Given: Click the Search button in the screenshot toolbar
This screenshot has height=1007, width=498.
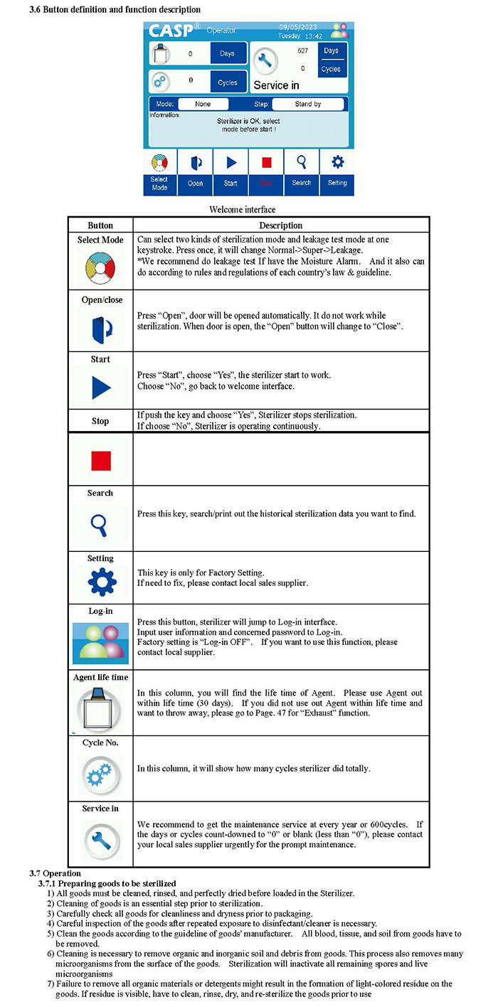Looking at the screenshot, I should pyautogui.click(x=302, y=171).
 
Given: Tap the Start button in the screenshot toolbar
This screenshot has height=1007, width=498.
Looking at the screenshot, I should pyautogui.click(x=231, y=171).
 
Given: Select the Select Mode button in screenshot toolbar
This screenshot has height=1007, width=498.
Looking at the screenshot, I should pyautogui.click(x=160, y=171).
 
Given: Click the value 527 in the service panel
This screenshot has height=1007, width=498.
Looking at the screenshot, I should pyautogui.click(x=302, y=51).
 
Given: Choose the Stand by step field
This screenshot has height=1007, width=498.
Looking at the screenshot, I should pyautogui.click(x=307, y=105).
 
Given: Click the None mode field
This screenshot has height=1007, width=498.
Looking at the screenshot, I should pyautogui.click(x=203, y=105).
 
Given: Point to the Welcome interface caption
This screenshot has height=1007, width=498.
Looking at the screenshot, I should pyautogui.click(x=243, y=210).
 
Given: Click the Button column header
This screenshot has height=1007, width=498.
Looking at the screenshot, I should pyautogui.click(x=100, y=225).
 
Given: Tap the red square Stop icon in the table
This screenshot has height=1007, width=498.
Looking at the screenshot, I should pyautogui.click(x=100, y=461).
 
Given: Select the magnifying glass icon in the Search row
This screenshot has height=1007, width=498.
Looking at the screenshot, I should pyautogui.click(x=100, y=525).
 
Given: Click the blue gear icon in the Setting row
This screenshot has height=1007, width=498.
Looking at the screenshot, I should pyautogui.click(x=100, y=582).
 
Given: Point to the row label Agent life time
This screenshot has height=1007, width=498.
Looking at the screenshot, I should pyautogui.click(x=100, y=678).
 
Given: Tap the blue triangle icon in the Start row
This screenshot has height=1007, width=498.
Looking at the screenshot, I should pyautogui.click(x=100, y=388).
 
